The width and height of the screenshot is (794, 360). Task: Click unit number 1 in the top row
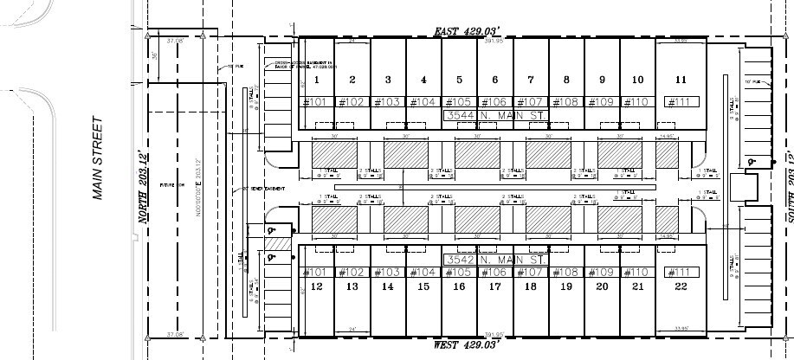[x=318, y=80]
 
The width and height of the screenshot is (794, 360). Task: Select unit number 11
[x=681, y=80]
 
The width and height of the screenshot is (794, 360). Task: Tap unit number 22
[x=681, y=286]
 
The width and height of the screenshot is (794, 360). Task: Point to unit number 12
[x=317, y=286]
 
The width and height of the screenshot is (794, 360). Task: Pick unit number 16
[x=459, y=286]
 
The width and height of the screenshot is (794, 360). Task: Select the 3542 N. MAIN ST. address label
[x=495, y=260]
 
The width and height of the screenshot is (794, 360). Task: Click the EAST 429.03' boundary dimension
[x=474, y=31]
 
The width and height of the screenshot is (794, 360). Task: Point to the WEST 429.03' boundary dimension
[x=475, y=344]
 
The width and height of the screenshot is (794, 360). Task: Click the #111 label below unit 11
[x=681, y=102]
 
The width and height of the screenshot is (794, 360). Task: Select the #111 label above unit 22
[x=681, y=272]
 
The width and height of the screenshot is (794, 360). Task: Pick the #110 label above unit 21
[x=637, y=272]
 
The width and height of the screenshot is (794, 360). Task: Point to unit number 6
[x=495, y=80]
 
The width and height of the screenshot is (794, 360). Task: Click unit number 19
[x=566, y=286]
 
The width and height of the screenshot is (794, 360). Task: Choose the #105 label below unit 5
[x=459, y=102]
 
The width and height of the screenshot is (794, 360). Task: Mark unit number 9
[x=601, y=80]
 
